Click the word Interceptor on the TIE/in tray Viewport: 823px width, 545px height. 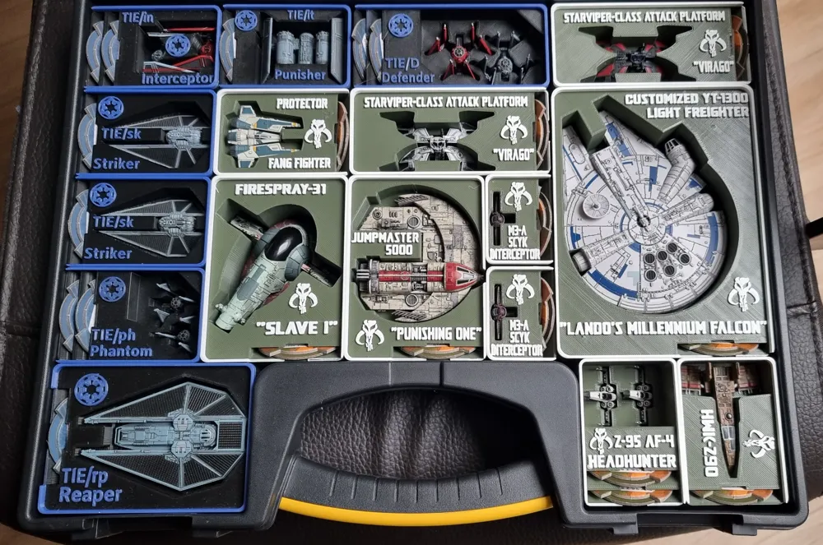pos(178,79)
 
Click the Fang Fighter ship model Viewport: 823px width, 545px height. pos(263,132)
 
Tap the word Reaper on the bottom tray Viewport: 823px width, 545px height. pos(91,495)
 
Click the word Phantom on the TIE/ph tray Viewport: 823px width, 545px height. pos(121,351)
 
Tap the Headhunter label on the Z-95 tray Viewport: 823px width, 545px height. pos(632,460)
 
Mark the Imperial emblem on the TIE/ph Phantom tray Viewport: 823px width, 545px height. pos(112,289)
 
